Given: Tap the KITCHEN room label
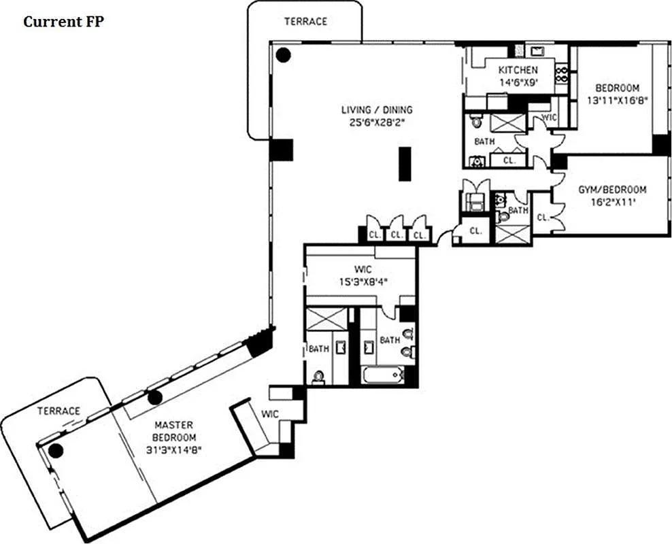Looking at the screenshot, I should click(x=518, y=70).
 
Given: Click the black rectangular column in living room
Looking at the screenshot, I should click(x=405, y=164).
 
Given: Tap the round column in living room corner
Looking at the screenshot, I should click(x=283, y=54).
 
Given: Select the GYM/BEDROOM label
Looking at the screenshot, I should click(x=612, y=190).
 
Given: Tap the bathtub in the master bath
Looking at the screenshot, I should click(x=382, y=375).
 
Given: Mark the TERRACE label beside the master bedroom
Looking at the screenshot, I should click(x=58, y=411).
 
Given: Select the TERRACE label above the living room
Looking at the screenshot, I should click(x=305, y=21).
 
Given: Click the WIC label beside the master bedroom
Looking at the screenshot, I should click(x=270, y=413).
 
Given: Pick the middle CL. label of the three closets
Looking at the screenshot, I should click(x=395, y=235).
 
